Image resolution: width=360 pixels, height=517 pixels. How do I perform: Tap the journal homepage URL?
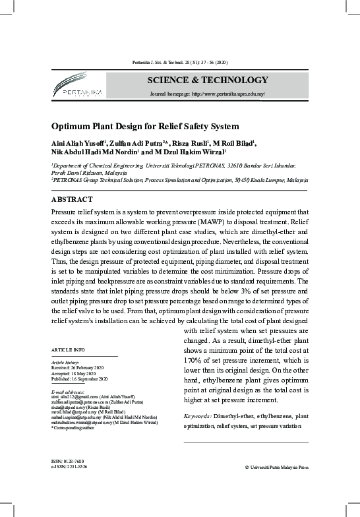point(208,94)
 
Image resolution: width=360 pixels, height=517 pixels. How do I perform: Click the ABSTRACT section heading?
point(72,198)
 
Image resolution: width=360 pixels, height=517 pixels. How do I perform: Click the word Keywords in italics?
point(197,417)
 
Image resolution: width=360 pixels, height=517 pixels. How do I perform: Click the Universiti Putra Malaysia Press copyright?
point(276,467)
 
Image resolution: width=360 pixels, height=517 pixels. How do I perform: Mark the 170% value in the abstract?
point(193,361)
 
